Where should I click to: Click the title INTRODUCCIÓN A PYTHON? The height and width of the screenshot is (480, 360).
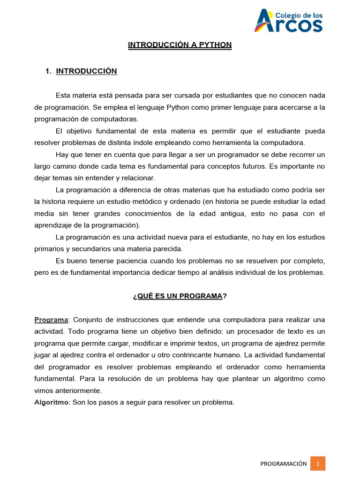pos(180,45)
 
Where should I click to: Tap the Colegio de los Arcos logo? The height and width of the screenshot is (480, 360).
pos(288,21)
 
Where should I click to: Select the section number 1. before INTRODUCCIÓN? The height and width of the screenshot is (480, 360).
pos(48,71)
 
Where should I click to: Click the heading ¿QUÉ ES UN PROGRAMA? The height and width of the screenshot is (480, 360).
pos(180,296)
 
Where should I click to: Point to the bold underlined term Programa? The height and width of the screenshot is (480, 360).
pos(51,320)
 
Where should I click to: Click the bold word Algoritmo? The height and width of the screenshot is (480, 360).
pos(51,402)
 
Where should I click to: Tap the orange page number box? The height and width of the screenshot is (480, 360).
pos(318,464)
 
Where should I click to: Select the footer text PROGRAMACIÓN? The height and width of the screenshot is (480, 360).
pos(284,464)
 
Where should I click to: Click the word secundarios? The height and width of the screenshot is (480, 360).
pos(91,249)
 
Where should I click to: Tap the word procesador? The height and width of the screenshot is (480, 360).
pos(265,331)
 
